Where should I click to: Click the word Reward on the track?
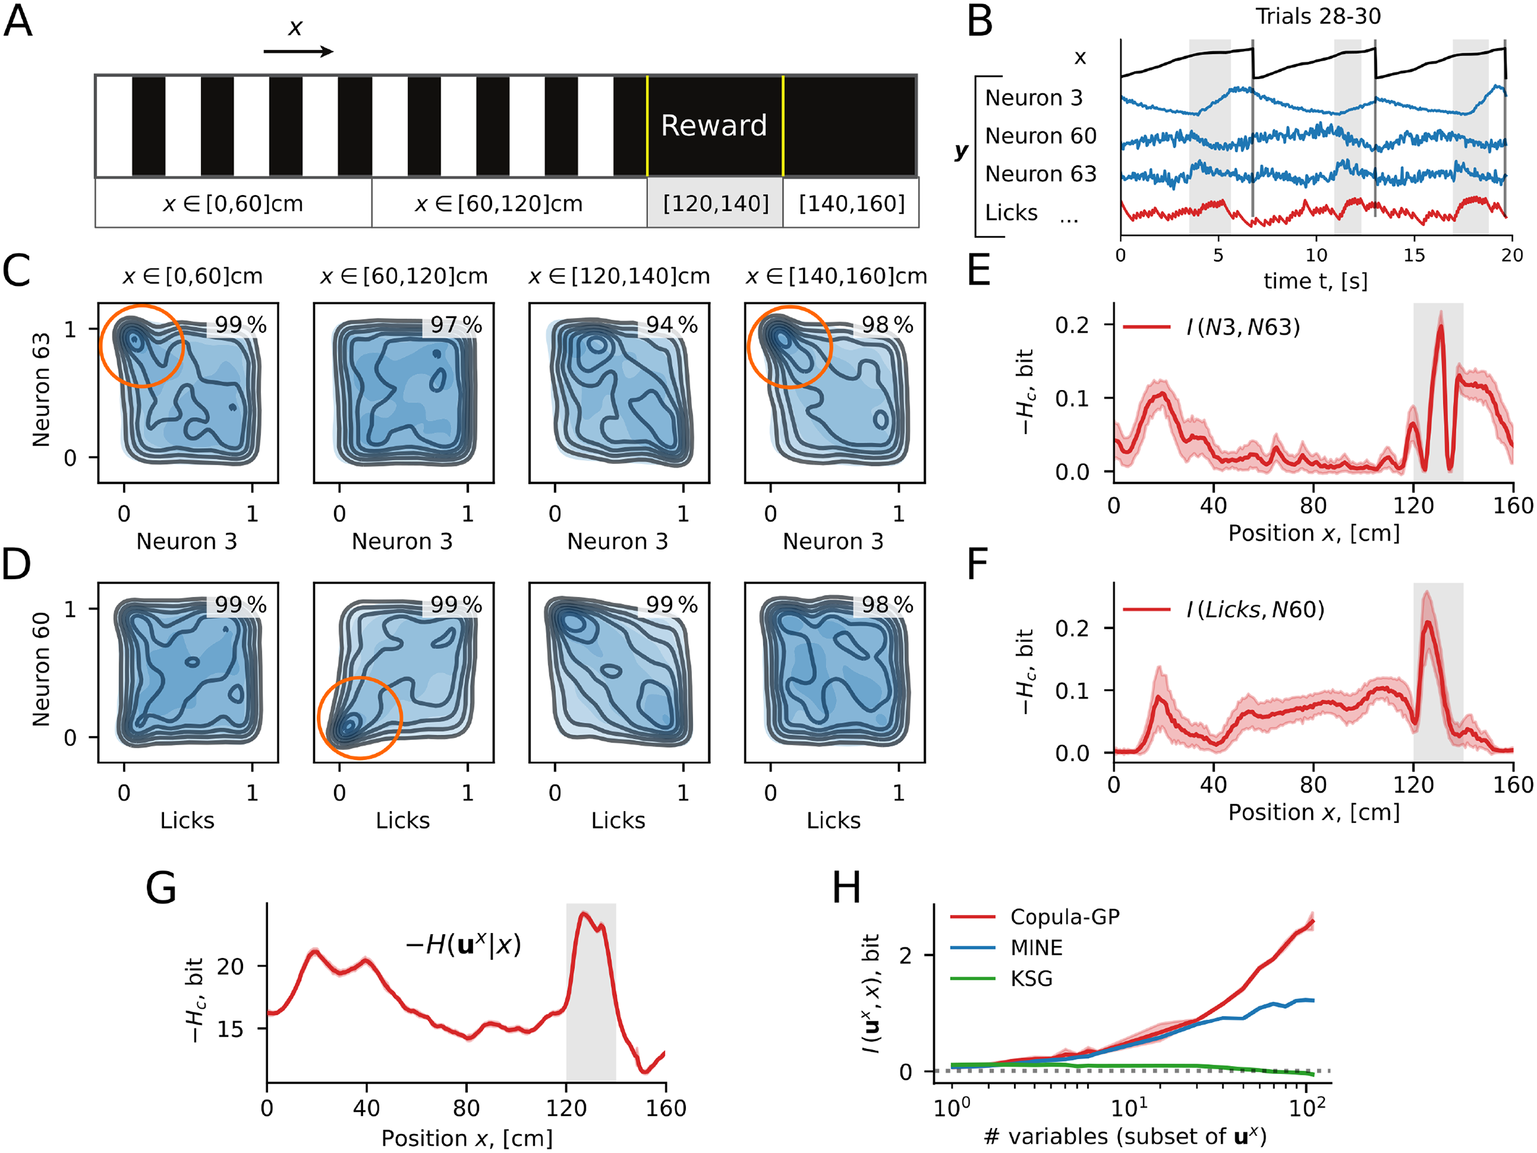click(713, 126)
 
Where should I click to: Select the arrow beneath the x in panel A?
click(298, 51)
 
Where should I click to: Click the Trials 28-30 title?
click(1318, 16)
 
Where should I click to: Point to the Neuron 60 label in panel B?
click(1040, 136)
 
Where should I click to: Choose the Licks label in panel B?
click(1011, 213)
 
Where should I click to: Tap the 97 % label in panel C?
click(456, 325)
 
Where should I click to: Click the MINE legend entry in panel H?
click(1036, 948)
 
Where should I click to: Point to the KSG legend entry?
click(1031, 978)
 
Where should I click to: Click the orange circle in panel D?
click(360, 718)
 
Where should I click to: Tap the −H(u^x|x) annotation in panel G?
click(462, 945)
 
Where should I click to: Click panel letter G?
click(161, 888)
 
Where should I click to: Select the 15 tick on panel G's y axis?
click(230, 1029)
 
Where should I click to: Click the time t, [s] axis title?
click(1314, 281)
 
